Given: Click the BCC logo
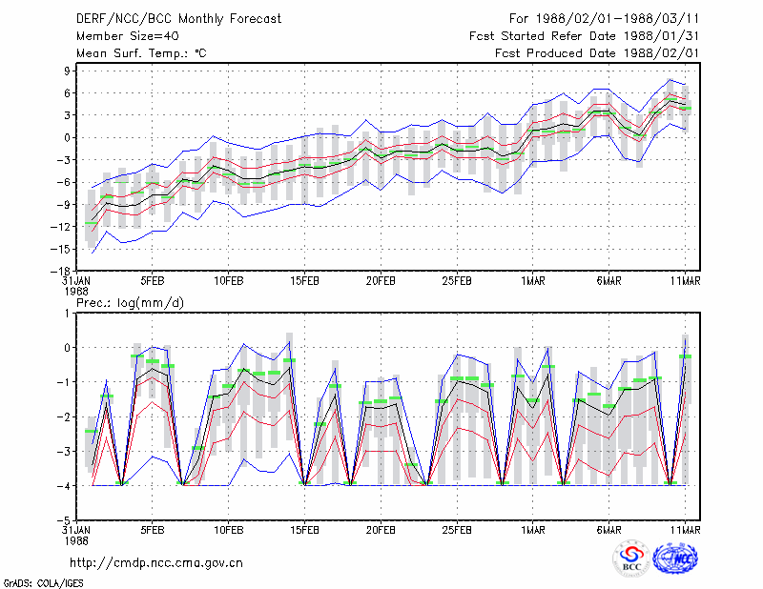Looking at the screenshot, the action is click(631, 559).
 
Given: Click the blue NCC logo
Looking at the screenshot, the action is click(675, 559).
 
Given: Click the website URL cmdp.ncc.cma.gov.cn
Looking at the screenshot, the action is click(156, 563).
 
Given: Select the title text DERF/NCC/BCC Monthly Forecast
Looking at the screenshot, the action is click(178, 19).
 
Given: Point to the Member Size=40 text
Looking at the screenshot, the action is click(128, 36).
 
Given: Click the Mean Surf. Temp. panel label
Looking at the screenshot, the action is click(141, 53).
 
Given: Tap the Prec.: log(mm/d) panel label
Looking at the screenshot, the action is click(131, 303).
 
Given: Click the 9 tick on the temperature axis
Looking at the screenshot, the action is click(67, 71).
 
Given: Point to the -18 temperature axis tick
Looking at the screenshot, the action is click(60, 271).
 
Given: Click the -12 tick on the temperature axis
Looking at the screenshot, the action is click(60, 227).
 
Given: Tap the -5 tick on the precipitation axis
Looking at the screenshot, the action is click(64, 520).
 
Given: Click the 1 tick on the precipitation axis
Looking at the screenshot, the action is click(68, 314).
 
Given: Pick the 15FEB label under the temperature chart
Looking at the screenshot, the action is click(304, 281).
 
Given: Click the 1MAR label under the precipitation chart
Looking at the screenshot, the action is click(533, 530).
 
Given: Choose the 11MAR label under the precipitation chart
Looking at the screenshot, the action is click(685, 530).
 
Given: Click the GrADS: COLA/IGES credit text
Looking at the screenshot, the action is click(43, 583).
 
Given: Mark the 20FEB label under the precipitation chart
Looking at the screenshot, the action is click(381, 530).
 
